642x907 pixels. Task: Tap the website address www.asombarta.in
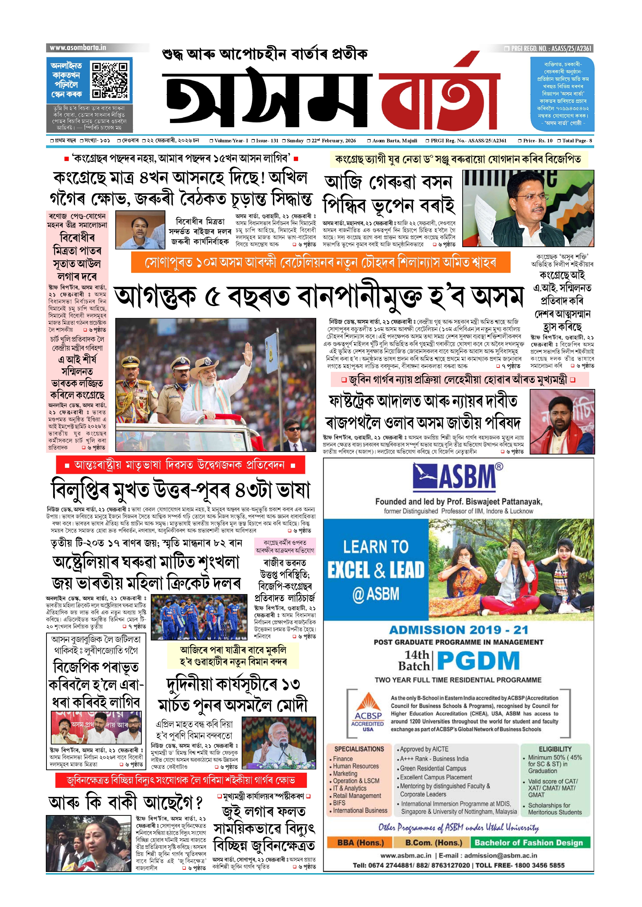pos(78,48)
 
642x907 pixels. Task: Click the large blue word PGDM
pos(478,661)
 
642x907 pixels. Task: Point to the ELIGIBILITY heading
pos(555,749)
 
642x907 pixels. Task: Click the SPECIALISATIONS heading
pos(359,749)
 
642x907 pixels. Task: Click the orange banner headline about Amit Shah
pos(320,263)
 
